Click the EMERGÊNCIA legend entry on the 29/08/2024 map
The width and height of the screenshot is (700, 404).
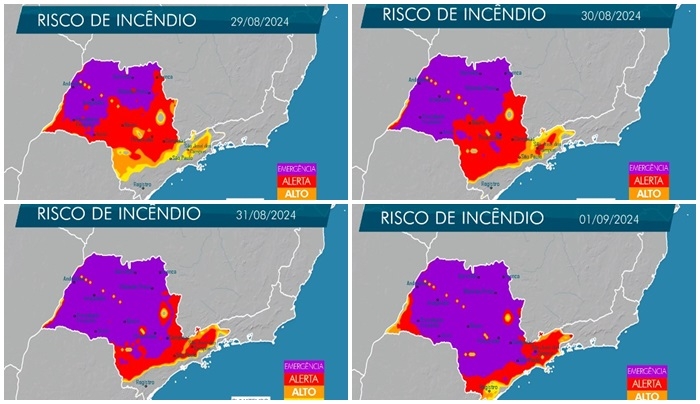point(298,169)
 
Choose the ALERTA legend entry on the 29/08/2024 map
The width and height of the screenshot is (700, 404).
point(298,181)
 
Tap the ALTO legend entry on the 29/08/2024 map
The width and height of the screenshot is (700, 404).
point(298,193)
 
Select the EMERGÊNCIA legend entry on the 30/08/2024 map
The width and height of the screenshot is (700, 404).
point(649,168)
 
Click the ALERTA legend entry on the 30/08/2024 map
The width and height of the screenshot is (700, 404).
point(649,180)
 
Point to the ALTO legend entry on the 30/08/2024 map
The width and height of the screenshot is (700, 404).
point(649,193)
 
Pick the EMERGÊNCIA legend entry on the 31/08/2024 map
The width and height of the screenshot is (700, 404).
point(302,366)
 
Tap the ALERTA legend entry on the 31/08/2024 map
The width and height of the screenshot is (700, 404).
point(302,378)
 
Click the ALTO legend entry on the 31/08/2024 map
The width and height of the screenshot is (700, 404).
point(302,391)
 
